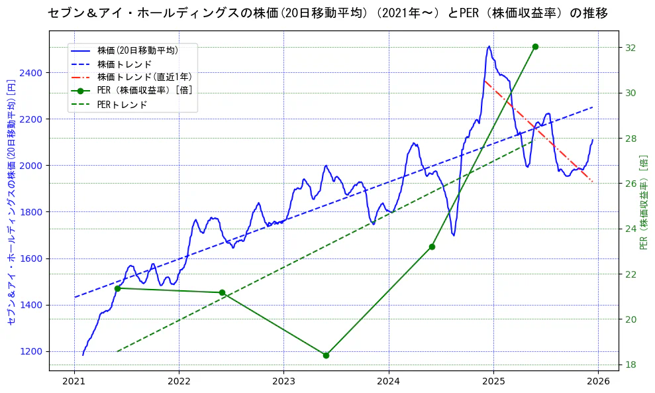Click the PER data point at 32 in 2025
(535, 46)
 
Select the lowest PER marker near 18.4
(326, 355)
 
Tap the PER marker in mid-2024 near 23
(432, 247)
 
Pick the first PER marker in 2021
(117, 288)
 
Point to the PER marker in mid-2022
(222, 292)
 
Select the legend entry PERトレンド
(122, 105)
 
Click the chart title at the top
(327, 13)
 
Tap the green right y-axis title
(644, 202)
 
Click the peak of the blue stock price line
(489, 46)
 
